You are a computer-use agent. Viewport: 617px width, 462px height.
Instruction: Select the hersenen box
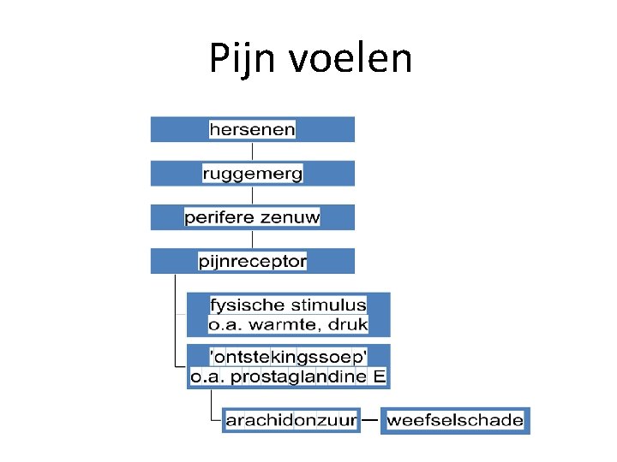[252, 129]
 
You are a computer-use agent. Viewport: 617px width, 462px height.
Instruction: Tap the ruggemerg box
[252, 174]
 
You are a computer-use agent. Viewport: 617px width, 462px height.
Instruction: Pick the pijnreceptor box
[252, 261]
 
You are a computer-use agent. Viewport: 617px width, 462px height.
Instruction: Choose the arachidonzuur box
[291, 420]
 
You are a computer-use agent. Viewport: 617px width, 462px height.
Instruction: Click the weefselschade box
[455, 420]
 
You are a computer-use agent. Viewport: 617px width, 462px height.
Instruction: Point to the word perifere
[219, 217]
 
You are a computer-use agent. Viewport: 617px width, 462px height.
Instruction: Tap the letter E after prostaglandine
[379, 376]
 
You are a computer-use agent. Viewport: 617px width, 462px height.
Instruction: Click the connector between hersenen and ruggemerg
[252, 151]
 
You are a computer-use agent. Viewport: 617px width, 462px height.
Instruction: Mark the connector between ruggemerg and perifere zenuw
[252, 195]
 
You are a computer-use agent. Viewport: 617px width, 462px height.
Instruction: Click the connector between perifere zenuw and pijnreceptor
[252, 240]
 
